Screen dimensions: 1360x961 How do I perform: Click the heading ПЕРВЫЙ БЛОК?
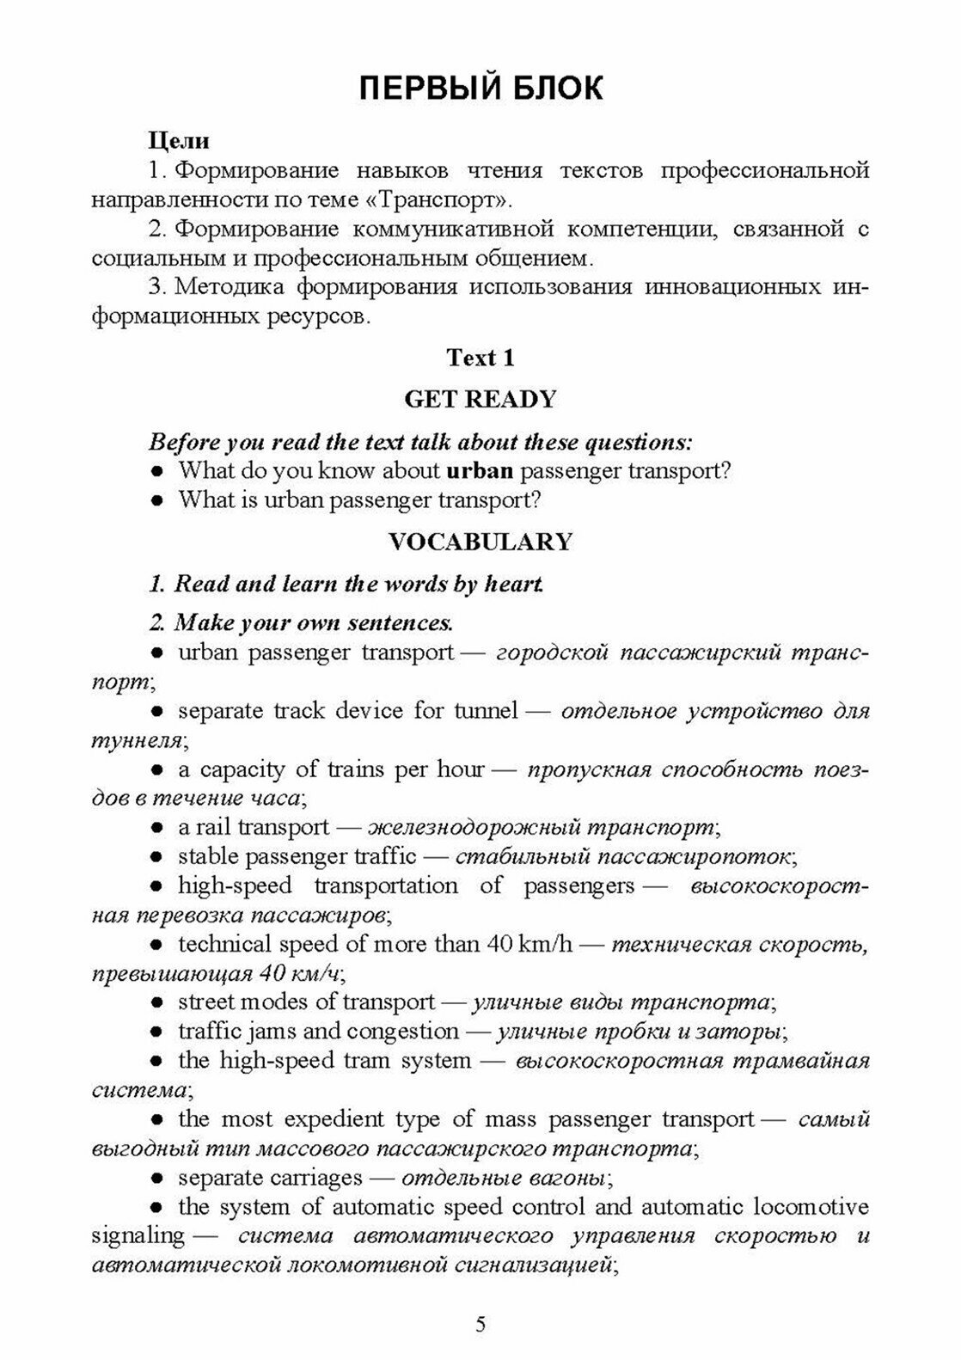point(480,89)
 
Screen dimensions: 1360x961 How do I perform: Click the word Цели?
point(179,139)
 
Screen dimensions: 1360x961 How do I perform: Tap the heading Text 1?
point(480,358)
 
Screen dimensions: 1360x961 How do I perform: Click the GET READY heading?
point(480,399)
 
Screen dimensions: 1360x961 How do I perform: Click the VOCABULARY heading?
point(480,542)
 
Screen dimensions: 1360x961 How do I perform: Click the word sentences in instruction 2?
point(401,622)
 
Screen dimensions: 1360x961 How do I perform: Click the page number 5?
point(480,1325)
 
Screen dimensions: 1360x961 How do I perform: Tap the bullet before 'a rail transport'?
point(157,828)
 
